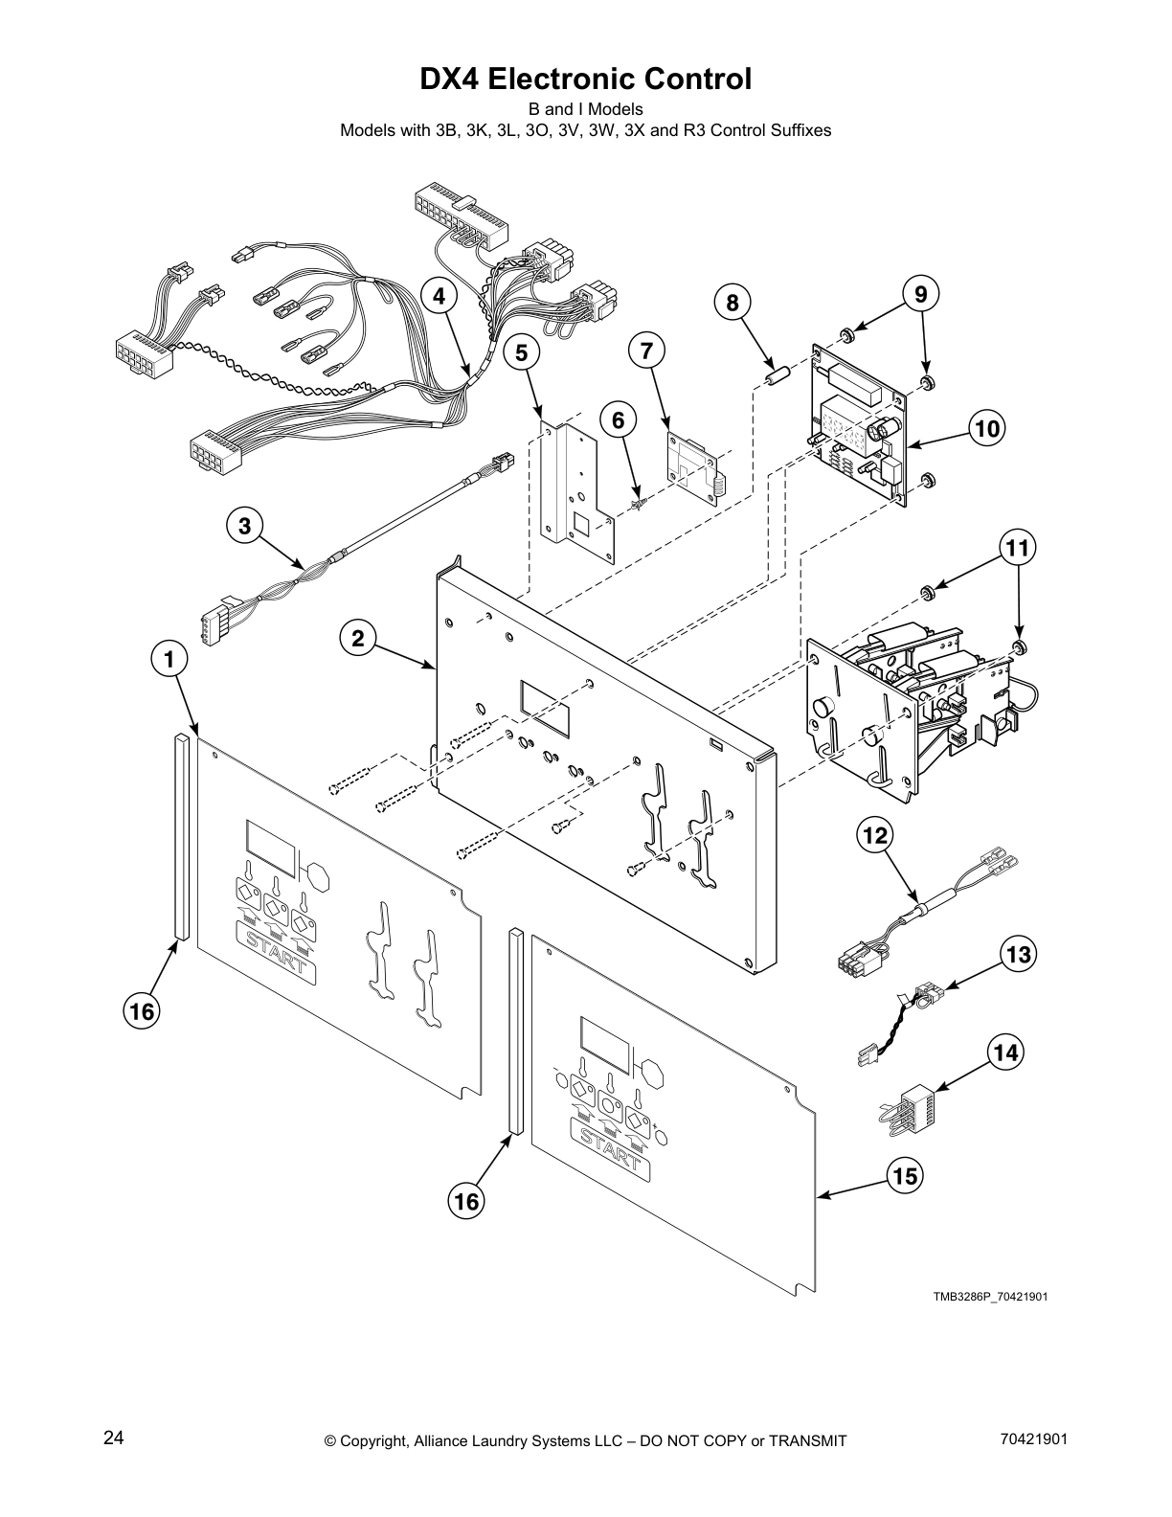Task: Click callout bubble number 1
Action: tap(169, 659)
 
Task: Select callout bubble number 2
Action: tap(357, 638)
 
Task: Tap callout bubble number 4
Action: tap(439, 296)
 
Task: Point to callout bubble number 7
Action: tap(646, 351)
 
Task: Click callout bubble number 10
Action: tap(987, 428)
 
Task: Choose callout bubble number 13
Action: tap(1019, 954)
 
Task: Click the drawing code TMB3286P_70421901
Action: tap(990, 1297)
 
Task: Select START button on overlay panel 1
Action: tap(276, 949)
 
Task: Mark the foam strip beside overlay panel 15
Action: tap(515, 1030)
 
